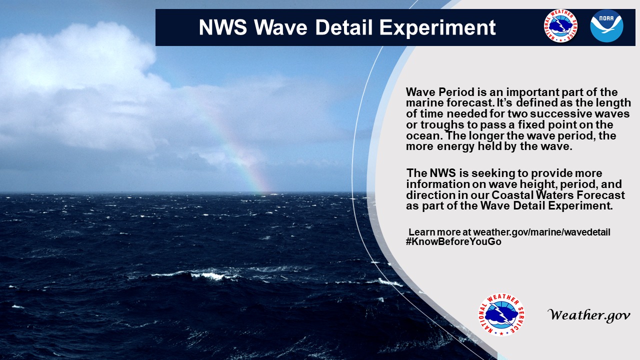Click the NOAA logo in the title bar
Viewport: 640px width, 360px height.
[606, 26]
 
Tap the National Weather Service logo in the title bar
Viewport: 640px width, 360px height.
[560, 26]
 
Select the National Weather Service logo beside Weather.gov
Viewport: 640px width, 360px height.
[501, 314]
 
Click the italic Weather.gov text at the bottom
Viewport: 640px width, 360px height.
[589, 315]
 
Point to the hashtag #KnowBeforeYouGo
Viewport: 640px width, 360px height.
[453, 241]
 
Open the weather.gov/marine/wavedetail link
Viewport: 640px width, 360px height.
[541, 232]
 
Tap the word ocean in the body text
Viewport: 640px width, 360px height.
[422, 135]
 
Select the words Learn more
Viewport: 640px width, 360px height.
[439, 232]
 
